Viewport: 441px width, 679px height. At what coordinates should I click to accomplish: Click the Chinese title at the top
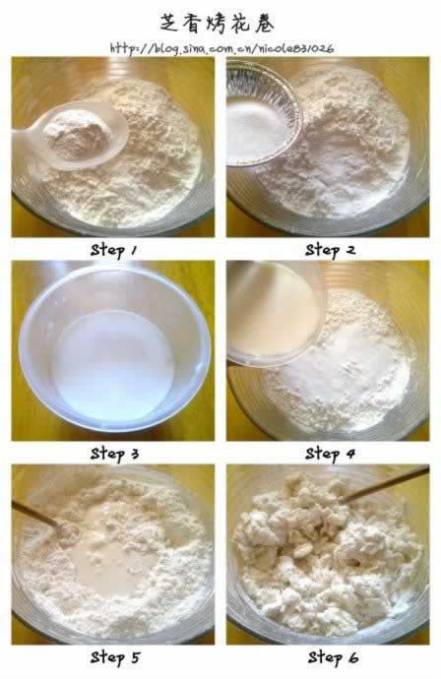click(x=217, y=23)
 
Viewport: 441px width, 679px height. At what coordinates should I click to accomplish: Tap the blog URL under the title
click(x=221, y=48)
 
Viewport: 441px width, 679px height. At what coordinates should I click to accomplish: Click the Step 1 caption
click(x=113, y=250)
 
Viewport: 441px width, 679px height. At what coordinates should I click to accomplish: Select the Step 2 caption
click(x=330, y=250)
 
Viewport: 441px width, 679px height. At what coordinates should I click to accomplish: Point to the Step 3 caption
click(x=114, y=454)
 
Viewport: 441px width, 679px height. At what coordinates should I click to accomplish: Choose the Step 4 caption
click(x=330, y=454)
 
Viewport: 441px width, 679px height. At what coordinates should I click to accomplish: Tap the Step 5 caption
click(x=115, y=657)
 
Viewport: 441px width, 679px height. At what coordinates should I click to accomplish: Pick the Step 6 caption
click(x=333, y=657)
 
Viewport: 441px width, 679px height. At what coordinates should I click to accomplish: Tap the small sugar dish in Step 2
click(x=262, y=116)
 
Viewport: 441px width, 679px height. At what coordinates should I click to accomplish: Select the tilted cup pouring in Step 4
click(x=274, y=313)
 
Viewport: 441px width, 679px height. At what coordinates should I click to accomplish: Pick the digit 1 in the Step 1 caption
click(x=134, y=250)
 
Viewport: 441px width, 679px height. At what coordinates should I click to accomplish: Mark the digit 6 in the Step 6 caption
click(x=353, y=657)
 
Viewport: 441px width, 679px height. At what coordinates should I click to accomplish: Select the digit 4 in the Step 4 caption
click(x=350, y=455)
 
